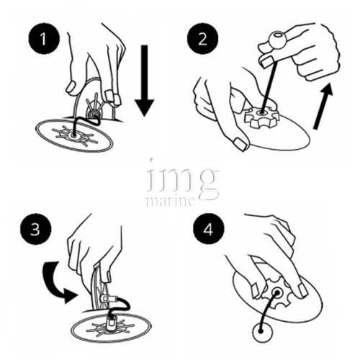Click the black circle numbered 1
[x=44, y=38]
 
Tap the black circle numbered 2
[x=202, y=38]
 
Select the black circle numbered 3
[x=35, y=230]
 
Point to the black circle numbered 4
[x=208, y=229]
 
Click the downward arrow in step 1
[x=144, y=81]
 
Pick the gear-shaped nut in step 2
[x=261, y=117]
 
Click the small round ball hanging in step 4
[x=263, y=332]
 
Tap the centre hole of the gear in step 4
[x=277, y=293]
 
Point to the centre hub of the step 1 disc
[x=73, y=136]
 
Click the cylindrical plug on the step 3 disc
[x=112, y=321]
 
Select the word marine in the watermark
[x=170, y=201]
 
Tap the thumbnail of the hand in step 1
[x=71, y=87]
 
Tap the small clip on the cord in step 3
[x=106, y=299]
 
